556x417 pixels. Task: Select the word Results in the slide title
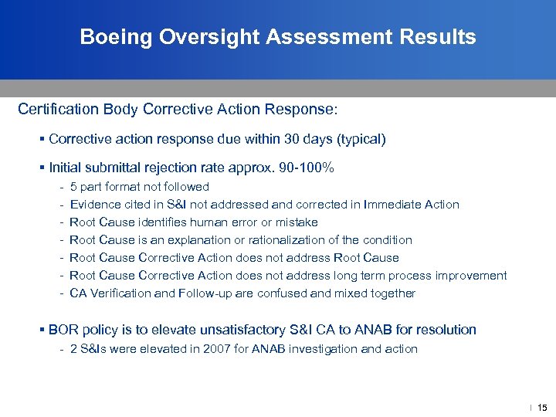pos(441,37)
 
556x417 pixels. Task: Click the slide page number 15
pos(542,407)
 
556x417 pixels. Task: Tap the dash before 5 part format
pos(61,187)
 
